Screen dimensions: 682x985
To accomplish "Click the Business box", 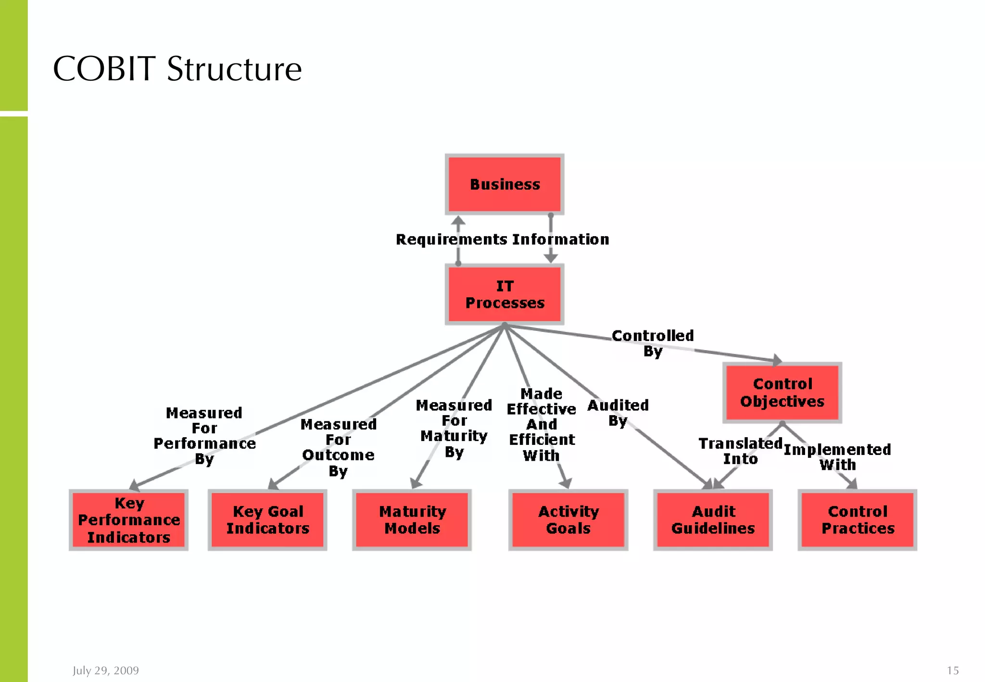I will point(505,184).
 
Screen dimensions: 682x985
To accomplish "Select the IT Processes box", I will point(505,294).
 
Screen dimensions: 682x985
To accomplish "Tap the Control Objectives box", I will point(782,392).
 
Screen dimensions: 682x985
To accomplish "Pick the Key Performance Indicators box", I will point(128,520).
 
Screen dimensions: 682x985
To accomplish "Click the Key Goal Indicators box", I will point(267,520).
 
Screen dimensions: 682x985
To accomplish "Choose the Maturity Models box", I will point(412,520).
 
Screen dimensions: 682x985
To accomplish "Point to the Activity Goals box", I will point(568,520).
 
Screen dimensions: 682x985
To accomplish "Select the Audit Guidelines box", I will point(713,520).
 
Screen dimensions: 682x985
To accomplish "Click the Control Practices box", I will point(858,520).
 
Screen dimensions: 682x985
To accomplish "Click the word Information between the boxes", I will point(561,239).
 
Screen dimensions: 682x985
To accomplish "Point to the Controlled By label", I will point(653,343).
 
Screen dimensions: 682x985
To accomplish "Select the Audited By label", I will point(618,413).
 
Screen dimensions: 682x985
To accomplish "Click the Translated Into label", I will point(740,451).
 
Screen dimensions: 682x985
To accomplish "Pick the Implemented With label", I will point(837,457).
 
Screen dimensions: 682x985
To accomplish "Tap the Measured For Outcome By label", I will point(338,447).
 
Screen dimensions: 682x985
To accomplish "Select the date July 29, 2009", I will point(106,670).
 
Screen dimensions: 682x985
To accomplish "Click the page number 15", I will point(953,670).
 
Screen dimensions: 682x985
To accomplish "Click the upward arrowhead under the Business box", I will point(458,221).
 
